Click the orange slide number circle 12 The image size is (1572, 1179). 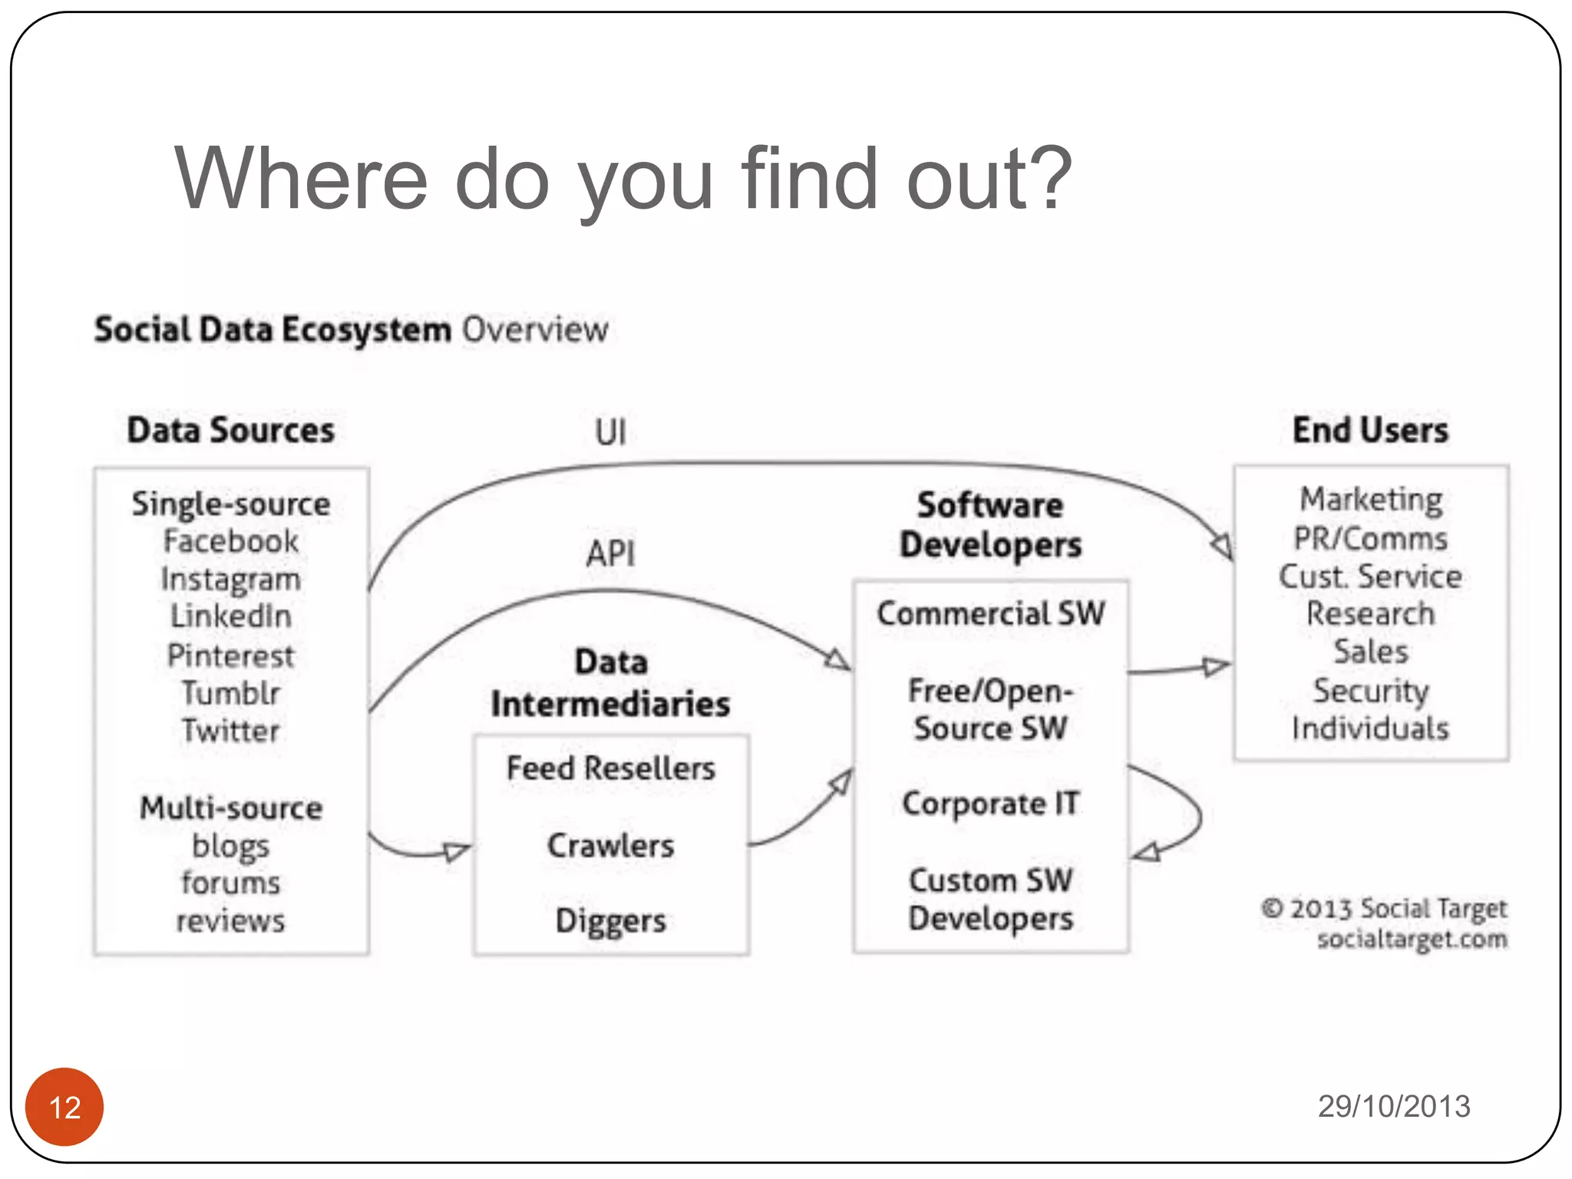64,1106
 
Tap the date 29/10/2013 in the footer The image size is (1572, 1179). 1393,1106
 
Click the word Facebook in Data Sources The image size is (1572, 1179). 230,541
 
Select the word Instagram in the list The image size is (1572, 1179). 230,580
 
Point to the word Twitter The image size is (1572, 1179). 230,730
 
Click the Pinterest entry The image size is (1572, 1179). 230,656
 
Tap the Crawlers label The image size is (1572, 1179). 610,845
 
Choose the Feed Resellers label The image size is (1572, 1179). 610,768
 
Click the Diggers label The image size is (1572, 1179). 610,920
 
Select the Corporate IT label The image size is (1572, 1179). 990,804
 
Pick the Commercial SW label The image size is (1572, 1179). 990,613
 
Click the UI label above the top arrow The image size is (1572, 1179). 610,432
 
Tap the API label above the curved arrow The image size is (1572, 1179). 610,553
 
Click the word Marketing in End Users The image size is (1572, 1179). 1371,499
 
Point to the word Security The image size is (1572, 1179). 1371,690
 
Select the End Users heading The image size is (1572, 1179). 1371,430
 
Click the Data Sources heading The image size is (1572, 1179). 230,430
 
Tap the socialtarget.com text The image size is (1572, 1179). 1412,939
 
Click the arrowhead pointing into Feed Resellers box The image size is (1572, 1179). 457,851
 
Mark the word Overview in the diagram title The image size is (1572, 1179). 535,330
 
